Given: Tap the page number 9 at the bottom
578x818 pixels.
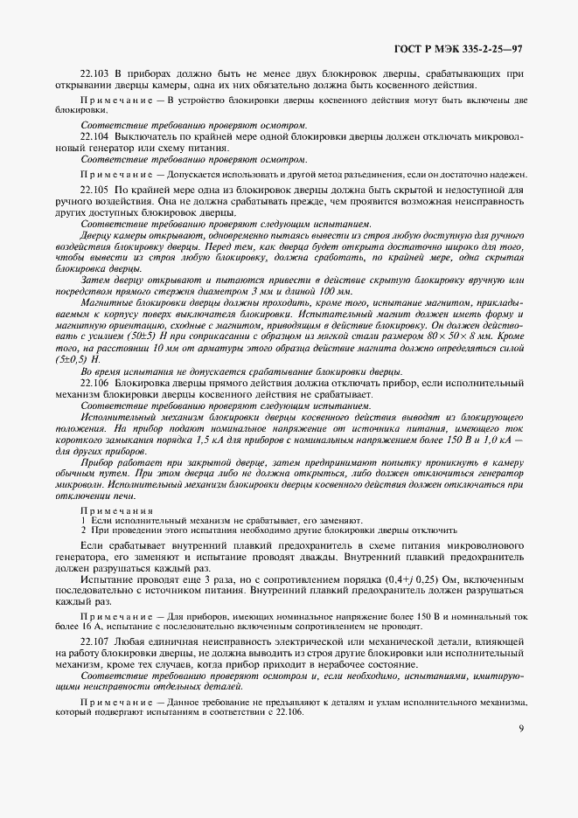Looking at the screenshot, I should coord(521,727).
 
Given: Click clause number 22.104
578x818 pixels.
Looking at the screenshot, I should coord(94,138).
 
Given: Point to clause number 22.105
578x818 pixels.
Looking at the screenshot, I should coord(94,189).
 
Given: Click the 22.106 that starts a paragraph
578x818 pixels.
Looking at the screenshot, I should coord(94,383).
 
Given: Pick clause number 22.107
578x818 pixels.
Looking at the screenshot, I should coord(94,642).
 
